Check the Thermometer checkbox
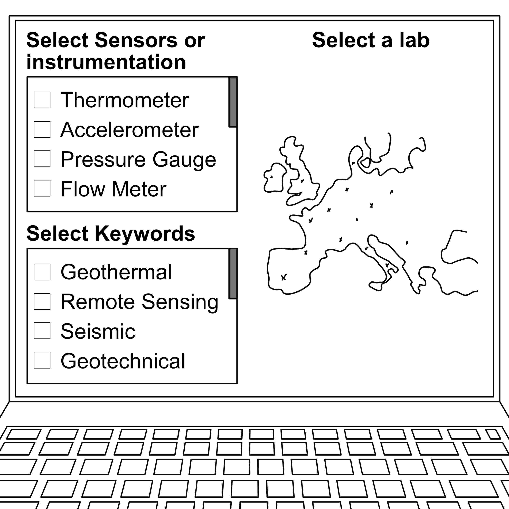coord(42,100)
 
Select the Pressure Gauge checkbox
coord(42,159)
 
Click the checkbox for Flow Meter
coord(42,188)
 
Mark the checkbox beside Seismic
coord(42,331)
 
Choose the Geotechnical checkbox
coord(42,360)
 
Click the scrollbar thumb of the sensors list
coord(233,102)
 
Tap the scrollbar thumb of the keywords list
coord(233,274)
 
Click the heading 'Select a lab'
coord(371,40)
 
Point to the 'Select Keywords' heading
coord(111,233)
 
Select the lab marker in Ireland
coord(271,177)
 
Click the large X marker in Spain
coord(284,277)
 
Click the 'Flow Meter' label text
coord(113,189)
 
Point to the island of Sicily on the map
coord(376,286)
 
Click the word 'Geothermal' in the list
coord(116,272)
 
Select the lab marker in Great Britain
coord(302,181)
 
